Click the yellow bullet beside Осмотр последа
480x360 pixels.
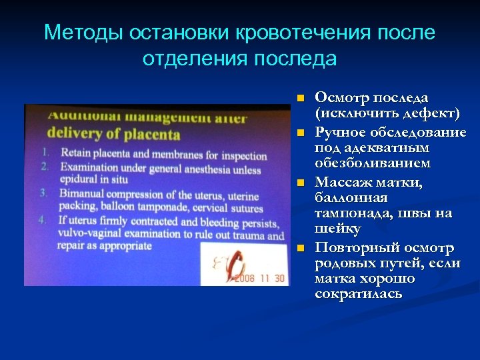[x=301, y=99]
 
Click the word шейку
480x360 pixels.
[x=337, y=229]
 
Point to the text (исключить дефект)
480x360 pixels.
[x=387, y=113]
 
